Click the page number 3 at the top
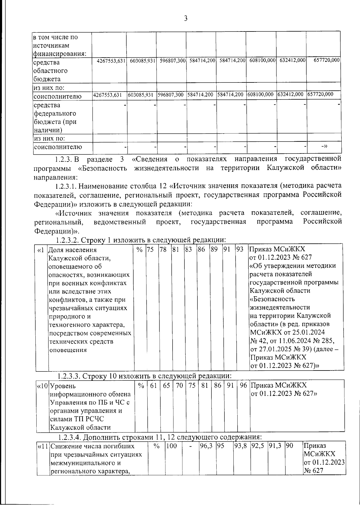pos(185,19)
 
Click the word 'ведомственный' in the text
pos(120,222)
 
